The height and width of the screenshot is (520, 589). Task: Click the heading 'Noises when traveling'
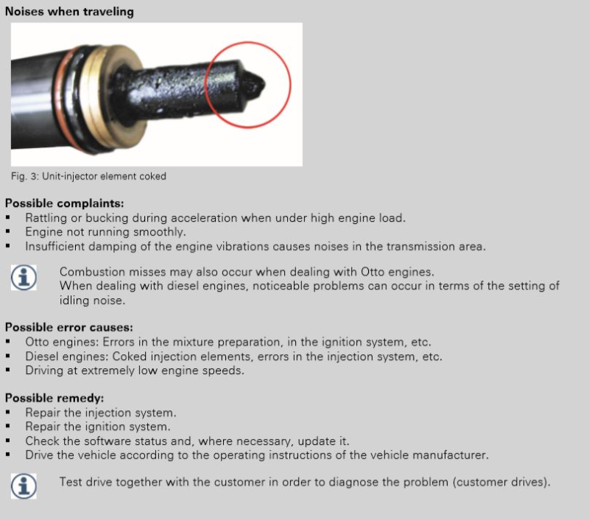(x=70, y=12)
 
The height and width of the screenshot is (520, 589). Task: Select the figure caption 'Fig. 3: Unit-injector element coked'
(x=88, y=177)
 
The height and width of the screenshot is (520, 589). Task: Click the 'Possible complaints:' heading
(x=64, y=203)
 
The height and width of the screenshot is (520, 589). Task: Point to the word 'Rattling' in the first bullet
(x=47, y=218)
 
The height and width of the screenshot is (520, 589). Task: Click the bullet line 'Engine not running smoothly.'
(x=105, y=232)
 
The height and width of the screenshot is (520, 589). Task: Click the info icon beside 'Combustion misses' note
(x=24, y=278)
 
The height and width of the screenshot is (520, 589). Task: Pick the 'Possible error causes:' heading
(x=69, y=328)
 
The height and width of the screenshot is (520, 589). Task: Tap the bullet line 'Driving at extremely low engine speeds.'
(x=135, y=370)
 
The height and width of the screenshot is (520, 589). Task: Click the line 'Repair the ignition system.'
(x=98, y=426)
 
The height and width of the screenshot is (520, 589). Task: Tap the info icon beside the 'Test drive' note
(x=24, y=485)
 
